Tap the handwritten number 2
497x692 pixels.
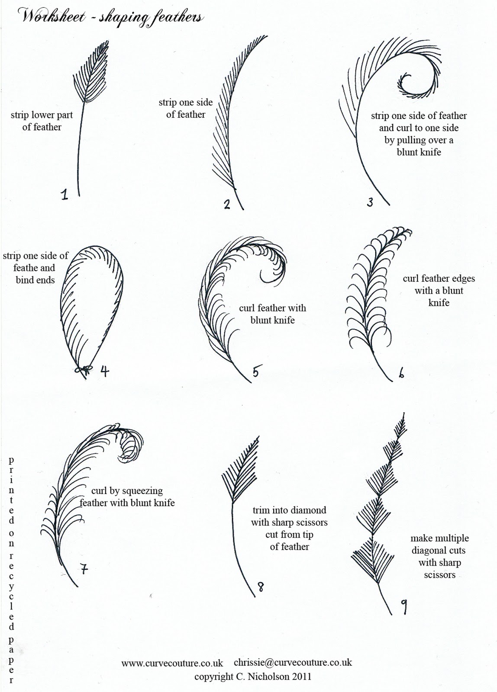point(227,204)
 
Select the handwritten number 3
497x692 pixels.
point(370,202)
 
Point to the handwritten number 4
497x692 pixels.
point(105,371)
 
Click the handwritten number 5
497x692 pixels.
point(256,371)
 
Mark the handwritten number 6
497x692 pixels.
point(401,374)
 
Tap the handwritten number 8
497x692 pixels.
point(261,586)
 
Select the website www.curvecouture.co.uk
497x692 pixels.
point(172,663)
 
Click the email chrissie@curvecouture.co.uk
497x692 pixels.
point(293,662)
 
